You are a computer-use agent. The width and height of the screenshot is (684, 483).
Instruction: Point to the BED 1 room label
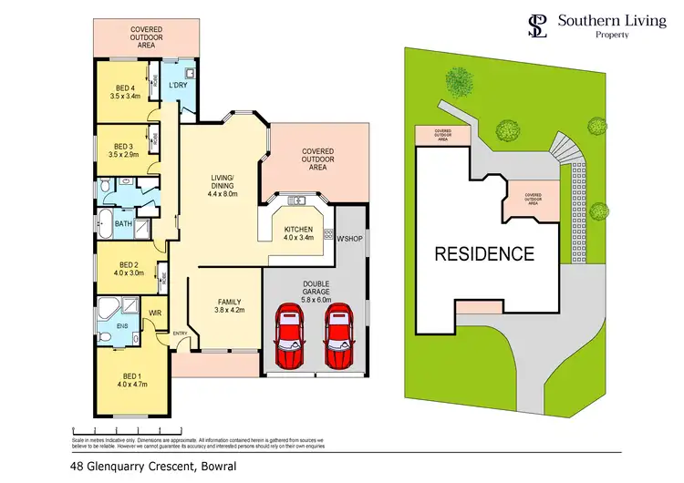132,375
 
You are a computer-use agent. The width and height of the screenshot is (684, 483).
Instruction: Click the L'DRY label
177,86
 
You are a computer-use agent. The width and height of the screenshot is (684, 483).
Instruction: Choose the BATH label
123,221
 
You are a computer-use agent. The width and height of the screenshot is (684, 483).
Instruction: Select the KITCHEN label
298,229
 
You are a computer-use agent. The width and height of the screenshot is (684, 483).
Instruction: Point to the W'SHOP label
350,240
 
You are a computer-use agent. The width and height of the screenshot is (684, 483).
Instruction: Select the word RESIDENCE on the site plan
483,253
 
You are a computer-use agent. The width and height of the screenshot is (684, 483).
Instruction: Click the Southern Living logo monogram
538,26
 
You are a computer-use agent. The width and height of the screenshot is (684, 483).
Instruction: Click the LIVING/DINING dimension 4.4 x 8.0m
223,193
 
